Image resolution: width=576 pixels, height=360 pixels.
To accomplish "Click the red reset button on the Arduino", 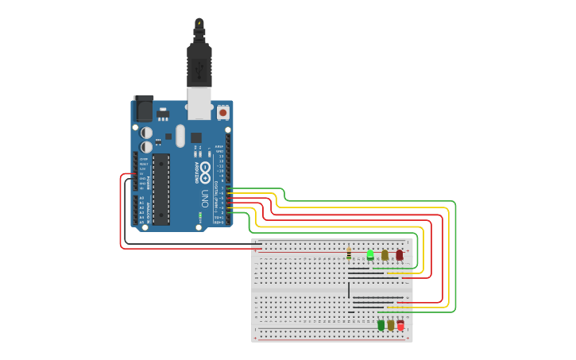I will coord(222,113).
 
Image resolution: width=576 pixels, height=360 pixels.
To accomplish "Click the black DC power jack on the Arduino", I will coord(143,108).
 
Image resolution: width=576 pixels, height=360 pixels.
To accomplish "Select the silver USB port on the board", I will coord(199,103).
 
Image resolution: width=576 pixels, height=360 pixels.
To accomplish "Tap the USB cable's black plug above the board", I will coord(199,64).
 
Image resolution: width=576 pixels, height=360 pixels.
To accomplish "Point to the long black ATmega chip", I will coord(161,190).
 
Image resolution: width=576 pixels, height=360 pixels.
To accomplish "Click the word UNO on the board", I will coord(204,198).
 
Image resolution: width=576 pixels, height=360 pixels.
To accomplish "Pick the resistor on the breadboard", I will coord(349,254).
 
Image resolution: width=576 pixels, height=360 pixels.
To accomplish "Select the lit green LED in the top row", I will coord(369,254).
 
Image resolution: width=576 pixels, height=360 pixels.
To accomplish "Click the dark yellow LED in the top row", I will coord(385,255).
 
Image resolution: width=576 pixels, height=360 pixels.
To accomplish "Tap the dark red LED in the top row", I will coord(399,255).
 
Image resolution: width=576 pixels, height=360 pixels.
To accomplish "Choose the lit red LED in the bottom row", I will coord(400,325).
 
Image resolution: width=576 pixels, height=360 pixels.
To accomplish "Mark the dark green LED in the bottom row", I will coord(381,324).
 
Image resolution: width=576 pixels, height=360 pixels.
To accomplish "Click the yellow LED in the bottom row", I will coord(391,325).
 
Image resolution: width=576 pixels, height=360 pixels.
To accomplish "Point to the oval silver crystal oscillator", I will coord(180,135).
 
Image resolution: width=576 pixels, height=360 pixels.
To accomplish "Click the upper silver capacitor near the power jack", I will coord(147,133).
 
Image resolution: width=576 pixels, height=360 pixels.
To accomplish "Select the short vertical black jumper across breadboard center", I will coord(348,288).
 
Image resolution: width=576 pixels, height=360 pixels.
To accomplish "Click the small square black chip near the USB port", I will coord(195,137).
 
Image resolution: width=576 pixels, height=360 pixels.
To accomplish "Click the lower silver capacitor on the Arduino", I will coord(147,147).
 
